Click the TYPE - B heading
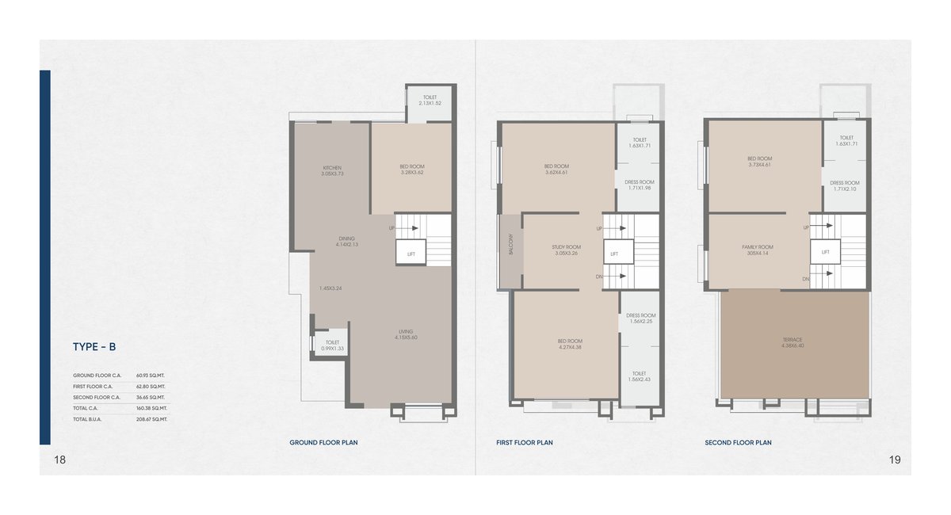(94, 346)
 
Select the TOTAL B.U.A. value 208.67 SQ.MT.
(151, 418)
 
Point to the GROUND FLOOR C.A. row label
(97, 375)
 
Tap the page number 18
(59, 460)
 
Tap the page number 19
(895, 460)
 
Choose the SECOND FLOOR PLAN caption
(738, 443)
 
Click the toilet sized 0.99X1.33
(332, 345)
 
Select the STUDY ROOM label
(566, 250)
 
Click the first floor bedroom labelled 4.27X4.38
(570, 343)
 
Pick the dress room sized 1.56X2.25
(640, 318)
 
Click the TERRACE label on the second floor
(792, 343)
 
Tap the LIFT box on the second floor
(825, 253)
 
